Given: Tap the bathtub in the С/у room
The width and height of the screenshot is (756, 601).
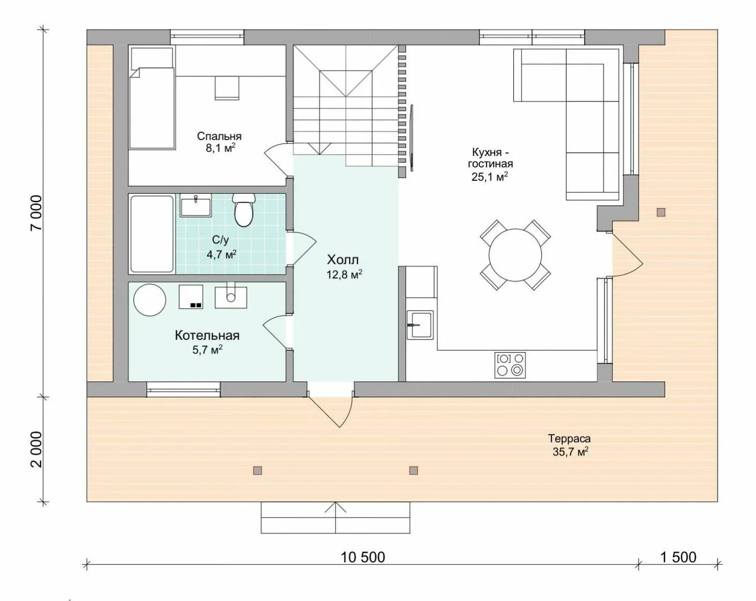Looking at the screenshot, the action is click(x=152, y=234).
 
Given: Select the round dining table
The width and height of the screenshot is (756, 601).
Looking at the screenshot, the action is click(x=516, y=255).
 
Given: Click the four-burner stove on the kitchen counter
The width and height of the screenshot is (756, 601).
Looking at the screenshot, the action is click(x=510, y=365).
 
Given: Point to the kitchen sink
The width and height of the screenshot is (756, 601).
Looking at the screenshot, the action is click(x=420, y=325).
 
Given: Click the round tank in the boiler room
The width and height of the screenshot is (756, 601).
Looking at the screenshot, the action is click(x=150, y=299).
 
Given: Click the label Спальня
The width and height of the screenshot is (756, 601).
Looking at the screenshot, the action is click(x=219, y=136).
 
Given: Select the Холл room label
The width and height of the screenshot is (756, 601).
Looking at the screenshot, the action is click(x=342, y=260).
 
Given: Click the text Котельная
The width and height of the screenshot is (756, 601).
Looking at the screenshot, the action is click(x=207, y=336).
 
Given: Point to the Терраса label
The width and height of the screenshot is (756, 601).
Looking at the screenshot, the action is click(x=570, y=439).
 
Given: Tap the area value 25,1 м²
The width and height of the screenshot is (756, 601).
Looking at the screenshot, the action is click(x=490, y=176).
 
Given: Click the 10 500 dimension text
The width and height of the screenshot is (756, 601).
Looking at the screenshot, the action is click(x=363, y=557).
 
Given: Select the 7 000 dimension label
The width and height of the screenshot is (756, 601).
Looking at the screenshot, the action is click(x=36, y=213).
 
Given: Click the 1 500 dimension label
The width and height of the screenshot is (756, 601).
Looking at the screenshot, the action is click(x=679, y=557).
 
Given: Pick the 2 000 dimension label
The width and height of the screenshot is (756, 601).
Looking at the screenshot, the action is click(x=36, y=450).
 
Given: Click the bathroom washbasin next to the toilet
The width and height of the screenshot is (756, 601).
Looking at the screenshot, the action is click(x=195, y=205).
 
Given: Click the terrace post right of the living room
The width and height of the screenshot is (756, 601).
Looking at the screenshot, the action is click(x=661, y=212).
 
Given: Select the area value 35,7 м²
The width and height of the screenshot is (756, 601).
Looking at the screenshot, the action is click(x=571, y=452).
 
